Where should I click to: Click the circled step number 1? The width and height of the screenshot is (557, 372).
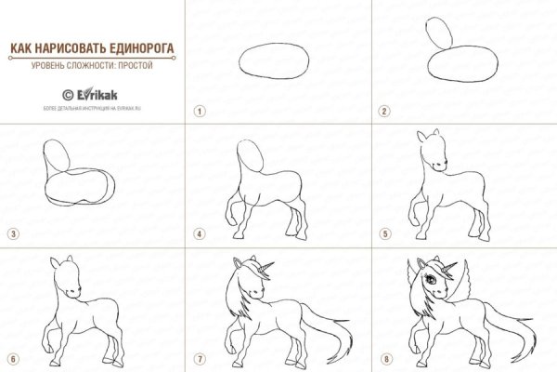point(198,111)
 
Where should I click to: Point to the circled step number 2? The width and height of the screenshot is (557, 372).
point(383,111)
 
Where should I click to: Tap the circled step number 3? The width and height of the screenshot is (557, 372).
point(12,234)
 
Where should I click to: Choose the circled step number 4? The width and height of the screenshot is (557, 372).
point(198,234)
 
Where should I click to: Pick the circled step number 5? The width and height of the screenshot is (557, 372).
point(383,234)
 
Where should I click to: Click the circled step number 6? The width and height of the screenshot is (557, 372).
point(12,358)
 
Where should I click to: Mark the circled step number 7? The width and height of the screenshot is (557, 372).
point(198,358)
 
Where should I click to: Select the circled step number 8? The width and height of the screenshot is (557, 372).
point(383,358)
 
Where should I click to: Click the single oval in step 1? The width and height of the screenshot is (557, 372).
point(278,64)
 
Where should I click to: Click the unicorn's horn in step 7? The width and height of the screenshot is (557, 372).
point(270,268)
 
